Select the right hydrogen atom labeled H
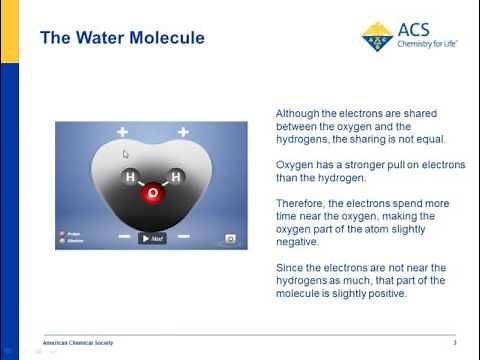175,178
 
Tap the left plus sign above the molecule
122,132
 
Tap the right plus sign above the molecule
183,132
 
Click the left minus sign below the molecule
123,237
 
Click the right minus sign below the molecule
183,237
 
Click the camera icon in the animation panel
230,239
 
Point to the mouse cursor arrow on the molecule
125,154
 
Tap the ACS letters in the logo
415,30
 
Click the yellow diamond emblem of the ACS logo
377,36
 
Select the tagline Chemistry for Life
424,46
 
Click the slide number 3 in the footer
454,343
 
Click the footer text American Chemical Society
78,343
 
